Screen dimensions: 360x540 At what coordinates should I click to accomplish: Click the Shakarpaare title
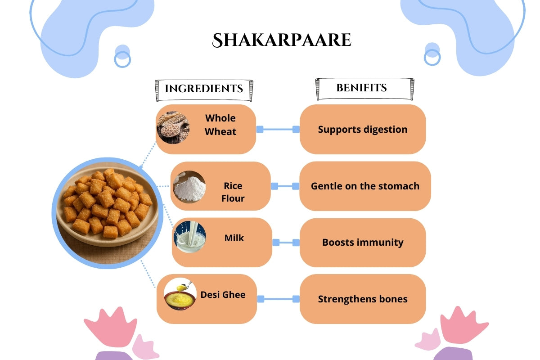[281, 40]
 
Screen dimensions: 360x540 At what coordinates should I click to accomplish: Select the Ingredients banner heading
[204, 89]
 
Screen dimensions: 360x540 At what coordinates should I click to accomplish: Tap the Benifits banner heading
[361, 88]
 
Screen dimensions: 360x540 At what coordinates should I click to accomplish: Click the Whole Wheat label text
[220, 125]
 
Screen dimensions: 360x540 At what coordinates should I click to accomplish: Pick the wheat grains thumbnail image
[173, 127]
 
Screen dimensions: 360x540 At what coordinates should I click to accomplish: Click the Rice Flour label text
[233, 192]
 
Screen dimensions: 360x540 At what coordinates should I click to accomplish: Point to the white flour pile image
[189, 186]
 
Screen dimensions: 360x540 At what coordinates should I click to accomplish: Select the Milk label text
[234, 238]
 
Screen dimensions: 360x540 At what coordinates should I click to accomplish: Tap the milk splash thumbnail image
[190, 237]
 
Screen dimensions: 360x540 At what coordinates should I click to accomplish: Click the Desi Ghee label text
[223, 295]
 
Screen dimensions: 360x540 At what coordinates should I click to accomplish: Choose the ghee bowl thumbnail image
[180, 295]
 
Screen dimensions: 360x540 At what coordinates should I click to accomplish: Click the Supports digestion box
[363, 130]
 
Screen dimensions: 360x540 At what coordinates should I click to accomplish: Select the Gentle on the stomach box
[365, 186]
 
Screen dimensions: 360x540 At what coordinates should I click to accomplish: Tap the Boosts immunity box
[363, 243]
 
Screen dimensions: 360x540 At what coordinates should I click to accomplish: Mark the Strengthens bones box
[363, 299]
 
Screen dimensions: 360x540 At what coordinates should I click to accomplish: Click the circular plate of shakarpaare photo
[107, 213]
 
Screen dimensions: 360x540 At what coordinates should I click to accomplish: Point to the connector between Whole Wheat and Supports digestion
[278, 130]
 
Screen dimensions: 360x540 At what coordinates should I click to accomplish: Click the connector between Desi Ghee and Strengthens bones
[278, 299]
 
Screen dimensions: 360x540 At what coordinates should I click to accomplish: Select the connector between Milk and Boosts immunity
[286, 243]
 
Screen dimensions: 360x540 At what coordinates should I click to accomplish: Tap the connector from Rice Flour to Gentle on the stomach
[285, 186]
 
